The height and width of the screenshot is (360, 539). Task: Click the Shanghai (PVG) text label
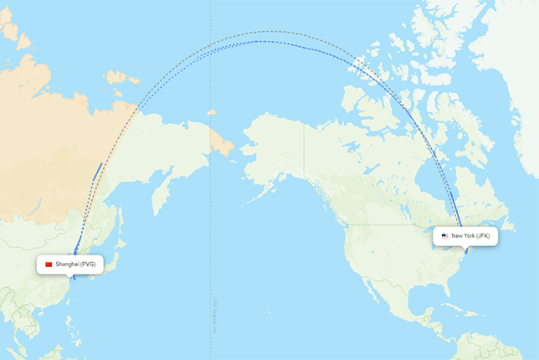pyautogui.click(x=76, y=265)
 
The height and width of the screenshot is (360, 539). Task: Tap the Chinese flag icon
pyautogui.click(x=49, y=265)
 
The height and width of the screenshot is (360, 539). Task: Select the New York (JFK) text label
pyautogui.click(x=470, y=236)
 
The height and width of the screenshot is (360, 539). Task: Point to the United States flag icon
pyautogui.click(x=444, y=236)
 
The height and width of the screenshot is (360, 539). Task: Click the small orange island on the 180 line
pyautogui.click(x=212, y=111)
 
